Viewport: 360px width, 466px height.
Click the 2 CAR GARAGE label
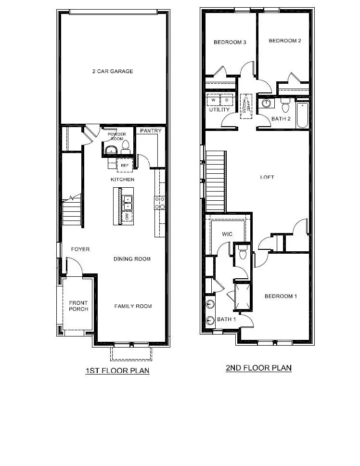[x=113, y=71]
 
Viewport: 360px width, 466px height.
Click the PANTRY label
[x=150, y=131]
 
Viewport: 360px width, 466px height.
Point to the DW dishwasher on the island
[x=128, y=217]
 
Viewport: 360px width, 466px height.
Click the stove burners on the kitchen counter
[x=159, y=203]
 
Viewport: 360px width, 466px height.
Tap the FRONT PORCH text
[x=78, y=306]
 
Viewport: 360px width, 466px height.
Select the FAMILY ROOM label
[x=133, y=306]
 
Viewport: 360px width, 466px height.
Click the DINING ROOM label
[x=132, y=259]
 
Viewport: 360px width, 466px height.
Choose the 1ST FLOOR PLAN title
[x=117, y=371]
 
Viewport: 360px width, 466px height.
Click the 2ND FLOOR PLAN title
[x=258, y=368]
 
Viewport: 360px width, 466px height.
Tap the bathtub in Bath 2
[x=302, y=116]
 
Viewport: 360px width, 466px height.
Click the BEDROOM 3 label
[x=230, y=42]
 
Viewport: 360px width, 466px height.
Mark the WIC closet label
[x=227, y=234]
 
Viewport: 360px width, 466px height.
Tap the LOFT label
[x=267, y=177]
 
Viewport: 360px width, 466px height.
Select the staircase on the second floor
[x=216, y=181]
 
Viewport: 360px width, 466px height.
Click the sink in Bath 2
[x=266, y=103]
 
